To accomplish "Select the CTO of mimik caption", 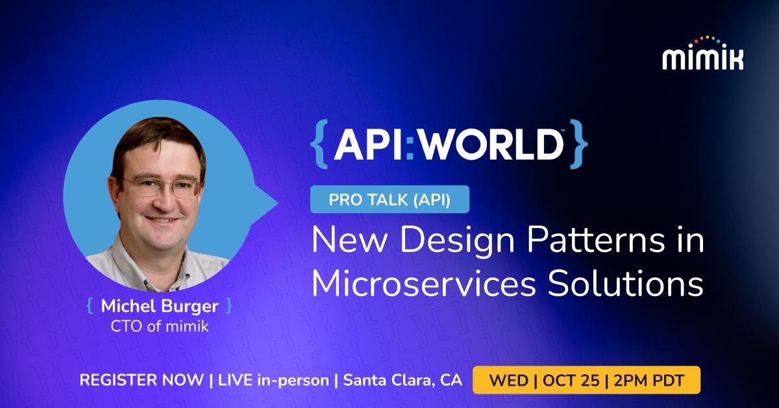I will tap(158, 325).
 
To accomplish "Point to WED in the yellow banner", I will tap(510, 380).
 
